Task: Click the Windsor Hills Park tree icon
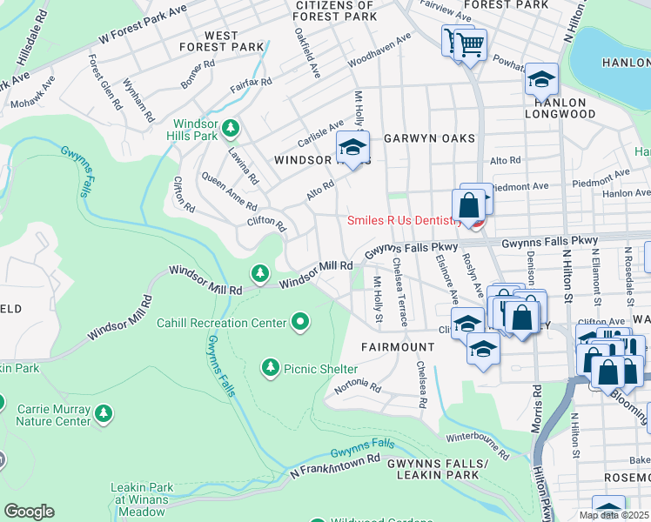coord(230,130)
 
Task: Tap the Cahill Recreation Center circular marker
coord(300,323)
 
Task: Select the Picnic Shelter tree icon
coord(271,369)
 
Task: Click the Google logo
coord(29,512)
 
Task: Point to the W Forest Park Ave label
coord(143,23)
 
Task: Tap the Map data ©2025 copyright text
coord(614,515)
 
